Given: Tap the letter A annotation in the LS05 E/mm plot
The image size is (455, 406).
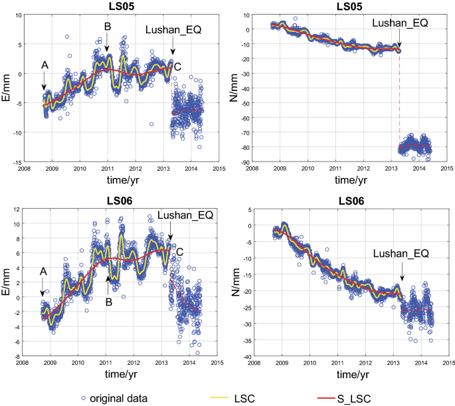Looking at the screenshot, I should [45, 65].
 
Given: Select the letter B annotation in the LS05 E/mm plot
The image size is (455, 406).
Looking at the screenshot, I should [107, 27].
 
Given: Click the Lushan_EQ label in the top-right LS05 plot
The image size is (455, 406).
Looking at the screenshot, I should [400, 23].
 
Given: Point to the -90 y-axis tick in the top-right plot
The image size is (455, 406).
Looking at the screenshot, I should [245, 161].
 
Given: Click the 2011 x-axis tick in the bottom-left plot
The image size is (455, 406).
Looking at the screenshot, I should [106, 363].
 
